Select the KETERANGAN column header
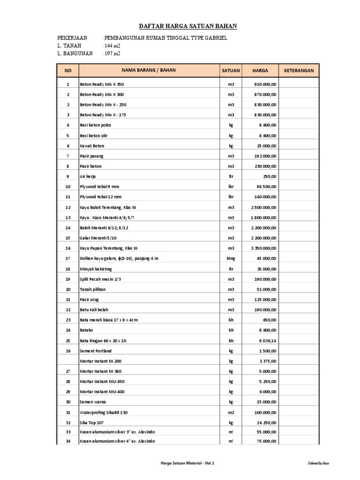click(299, 70)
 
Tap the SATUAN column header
click(231, 70)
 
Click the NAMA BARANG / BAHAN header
click(149, 70)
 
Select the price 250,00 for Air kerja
click(270, 176)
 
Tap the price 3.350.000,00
click(263, 248)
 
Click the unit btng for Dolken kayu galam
click(231, 258)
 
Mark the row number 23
click(68, 320)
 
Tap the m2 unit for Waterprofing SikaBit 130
click(231, 412)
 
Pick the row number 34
click(68, 441)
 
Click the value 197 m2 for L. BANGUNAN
click(112, 53)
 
